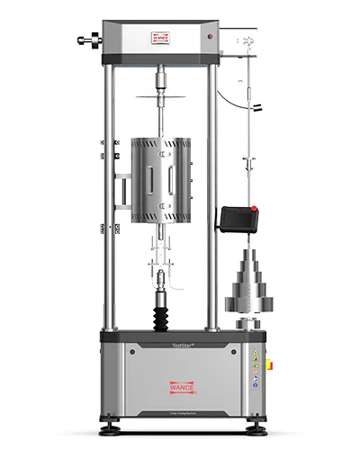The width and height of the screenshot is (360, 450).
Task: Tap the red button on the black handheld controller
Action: (254, 211)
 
